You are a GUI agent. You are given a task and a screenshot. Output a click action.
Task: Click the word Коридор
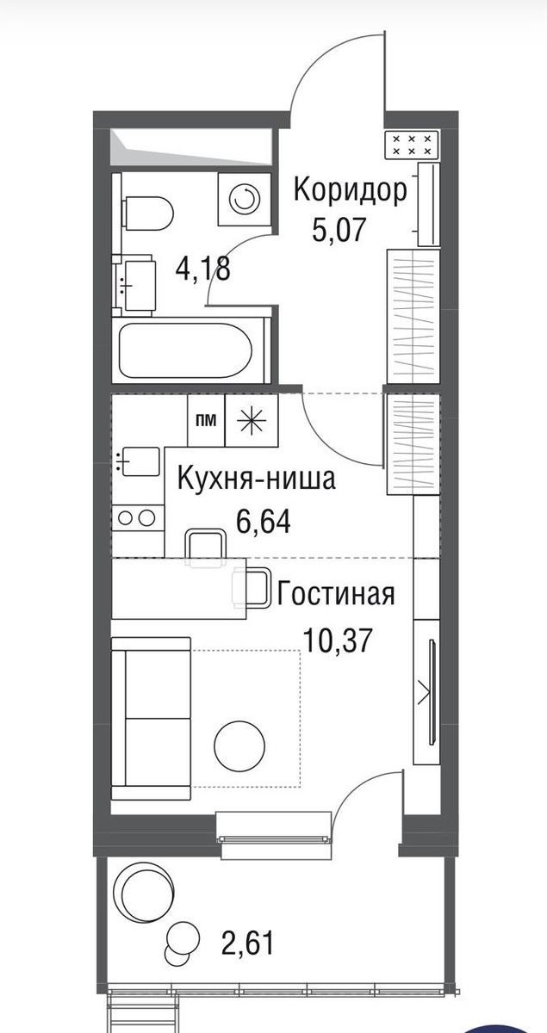click(x=351, y=190)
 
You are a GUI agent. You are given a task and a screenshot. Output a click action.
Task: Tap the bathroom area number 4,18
click(x=202, y=269)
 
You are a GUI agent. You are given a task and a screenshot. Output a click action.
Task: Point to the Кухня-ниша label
click(x=257, y=480)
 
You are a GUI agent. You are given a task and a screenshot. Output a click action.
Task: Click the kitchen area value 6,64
click(x=263, y=521)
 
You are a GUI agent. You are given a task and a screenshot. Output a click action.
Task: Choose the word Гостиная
click(x=336, y=594)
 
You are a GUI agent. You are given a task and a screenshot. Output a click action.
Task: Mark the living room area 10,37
click(x=337, y=640)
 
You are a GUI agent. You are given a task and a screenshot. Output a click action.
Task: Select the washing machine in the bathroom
click(x=244, y=199)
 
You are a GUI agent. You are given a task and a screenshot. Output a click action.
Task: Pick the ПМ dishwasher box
click(x=206, y=420)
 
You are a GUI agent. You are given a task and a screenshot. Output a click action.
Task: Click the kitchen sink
click(x=139, y=462)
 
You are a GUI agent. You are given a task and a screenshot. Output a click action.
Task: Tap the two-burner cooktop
click(x=138, y=517)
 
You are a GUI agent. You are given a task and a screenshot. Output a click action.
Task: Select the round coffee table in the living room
click(x=239, y=745)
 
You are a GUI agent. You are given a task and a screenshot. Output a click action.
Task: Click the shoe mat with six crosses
click(x=411, y=145)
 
